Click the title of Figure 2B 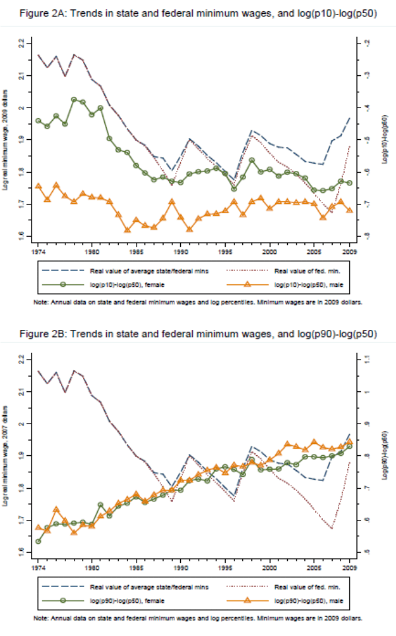197,334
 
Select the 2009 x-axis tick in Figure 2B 349,567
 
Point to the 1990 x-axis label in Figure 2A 180,251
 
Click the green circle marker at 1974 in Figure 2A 38,121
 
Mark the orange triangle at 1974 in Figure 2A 38,187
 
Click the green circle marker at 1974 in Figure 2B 38,541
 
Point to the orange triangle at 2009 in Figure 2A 349,210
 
